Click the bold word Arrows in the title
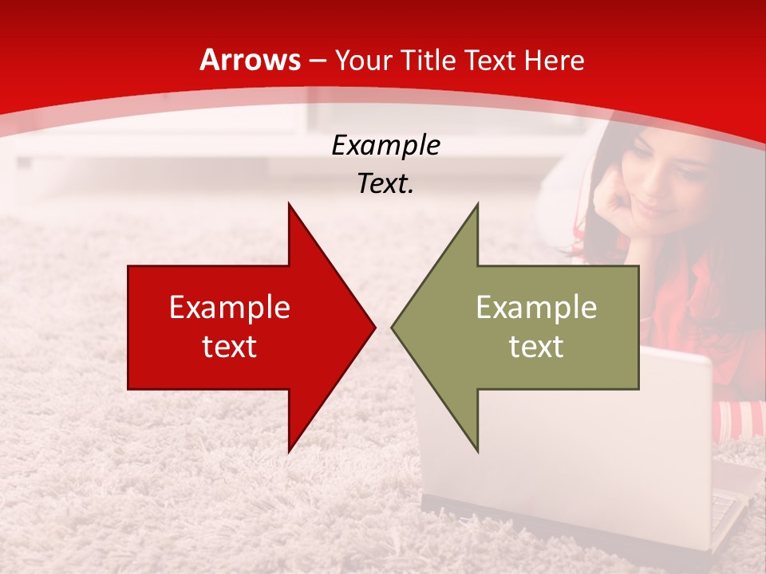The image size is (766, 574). pyautogui.click(x=251, y=61)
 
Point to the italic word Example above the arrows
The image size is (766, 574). pyautogui.click(x=385, y=146)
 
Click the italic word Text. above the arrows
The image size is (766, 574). pyautogui.click(x=385, y=184)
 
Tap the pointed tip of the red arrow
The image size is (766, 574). pyautogui.click(x=373, y=327)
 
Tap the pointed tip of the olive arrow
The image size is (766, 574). pyautogui.click(x=393, y=327)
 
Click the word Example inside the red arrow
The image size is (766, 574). pyautogui.click(x=230, y=308)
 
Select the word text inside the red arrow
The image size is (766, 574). pyautogui.click(x=230, y=347)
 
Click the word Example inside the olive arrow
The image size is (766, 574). pyautogui.click(x=536, y=308)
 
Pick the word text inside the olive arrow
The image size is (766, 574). pyautogui.click(x=536, y=347)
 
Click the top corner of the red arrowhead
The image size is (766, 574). pyautogui.click(x=289, y=204)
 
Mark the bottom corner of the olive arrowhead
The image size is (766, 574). pyautogui.click(x=477, y=451)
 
